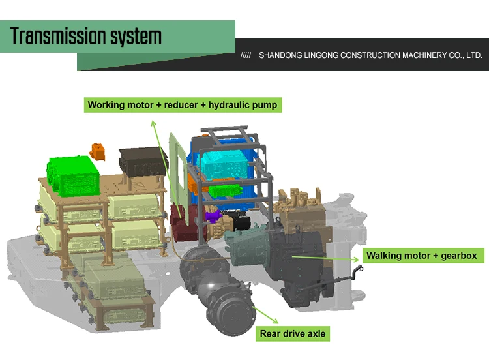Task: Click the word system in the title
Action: [138, 37]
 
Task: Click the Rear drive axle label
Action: [293, 334]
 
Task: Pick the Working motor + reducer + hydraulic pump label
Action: [183, 104]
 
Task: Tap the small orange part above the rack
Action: [98, 149]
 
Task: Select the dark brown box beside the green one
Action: [140, 160]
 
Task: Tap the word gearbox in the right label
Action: [457, 256]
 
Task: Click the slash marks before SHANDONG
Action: [246, 55]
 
